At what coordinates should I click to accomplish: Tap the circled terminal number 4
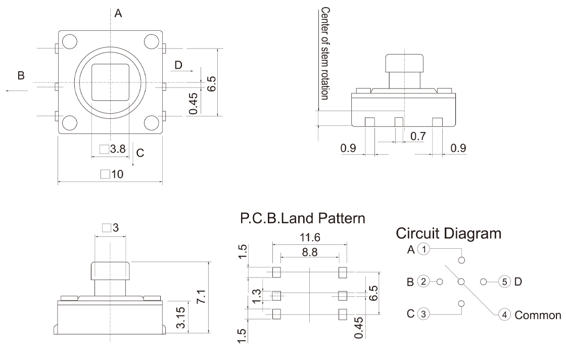tap(504, 315)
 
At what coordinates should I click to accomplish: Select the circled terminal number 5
tap(504, 282)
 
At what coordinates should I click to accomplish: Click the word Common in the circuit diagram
tap(538, 315)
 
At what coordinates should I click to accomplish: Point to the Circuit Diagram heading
tap(449, 234)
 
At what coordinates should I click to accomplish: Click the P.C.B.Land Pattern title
tap(302, 219)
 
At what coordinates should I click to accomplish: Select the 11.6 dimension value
tap(310, 237)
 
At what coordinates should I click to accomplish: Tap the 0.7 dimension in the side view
tap(418, 136)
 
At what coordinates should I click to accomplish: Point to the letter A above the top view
tap(118, 14)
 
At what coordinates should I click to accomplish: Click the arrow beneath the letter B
tap(17, 91)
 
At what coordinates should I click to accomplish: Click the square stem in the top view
tap(110, 82)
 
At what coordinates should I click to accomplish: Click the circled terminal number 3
tap(424, 314)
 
